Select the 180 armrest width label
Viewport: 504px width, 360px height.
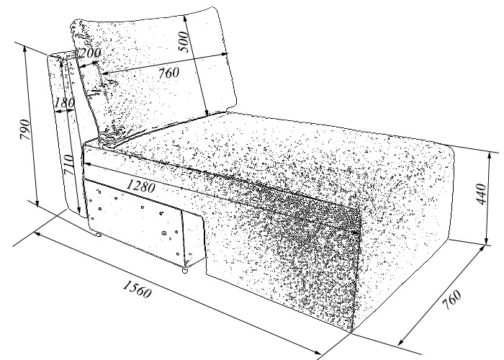(65, 103)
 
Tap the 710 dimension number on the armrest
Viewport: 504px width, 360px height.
(69, 165)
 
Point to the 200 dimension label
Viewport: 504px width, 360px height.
(90, 53)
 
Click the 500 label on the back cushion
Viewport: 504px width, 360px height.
(184, 41)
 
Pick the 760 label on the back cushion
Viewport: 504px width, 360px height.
(168, 73)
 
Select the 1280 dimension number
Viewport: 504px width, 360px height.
(141, 186)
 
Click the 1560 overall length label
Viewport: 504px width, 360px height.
(137, 289)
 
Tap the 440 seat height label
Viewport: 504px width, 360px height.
(481, 194)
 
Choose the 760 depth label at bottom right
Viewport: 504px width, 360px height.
(451, 300)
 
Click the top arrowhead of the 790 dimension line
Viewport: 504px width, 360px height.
(24, 49)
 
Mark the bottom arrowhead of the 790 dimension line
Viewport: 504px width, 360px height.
(37, 203)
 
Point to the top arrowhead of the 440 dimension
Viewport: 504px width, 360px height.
(490, 156)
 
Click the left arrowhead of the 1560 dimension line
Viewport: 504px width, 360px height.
(37, 234)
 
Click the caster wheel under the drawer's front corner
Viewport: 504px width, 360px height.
(184, 271)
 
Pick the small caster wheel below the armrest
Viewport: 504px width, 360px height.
(98, 235)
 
